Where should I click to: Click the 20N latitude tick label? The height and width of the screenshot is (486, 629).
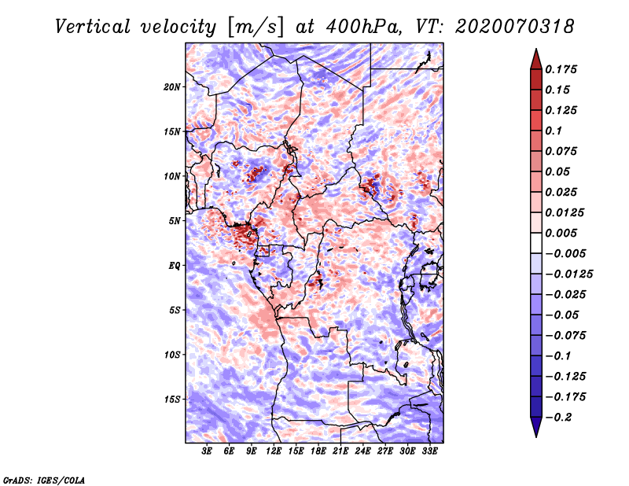click(x=171, y=87)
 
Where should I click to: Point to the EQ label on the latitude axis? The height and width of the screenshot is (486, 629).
click(x=175, y=266)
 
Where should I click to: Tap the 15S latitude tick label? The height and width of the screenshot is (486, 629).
click(x=172, y=399)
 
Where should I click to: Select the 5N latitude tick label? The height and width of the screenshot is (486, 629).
click(x=175, y=221)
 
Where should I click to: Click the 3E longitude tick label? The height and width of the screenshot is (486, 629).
click(x=207, y=451)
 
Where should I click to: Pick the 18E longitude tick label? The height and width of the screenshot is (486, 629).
click(x=318, y=451)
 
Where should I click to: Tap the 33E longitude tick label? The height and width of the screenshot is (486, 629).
click(x=429, y=451)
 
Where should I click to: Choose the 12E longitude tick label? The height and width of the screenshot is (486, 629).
click(x=274, y=451)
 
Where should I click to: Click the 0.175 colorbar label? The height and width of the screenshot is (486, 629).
click(x=561, y=69)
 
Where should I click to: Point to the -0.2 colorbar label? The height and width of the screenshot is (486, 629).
click(x=558, y=418)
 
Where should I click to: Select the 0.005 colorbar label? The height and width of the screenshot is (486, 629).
click(x=561, y=233)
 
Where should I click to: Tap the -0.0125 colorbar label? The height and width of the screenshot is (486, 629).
click(x=568, y=274)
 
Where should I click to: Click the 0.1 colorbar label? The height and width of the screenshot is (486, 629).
click(x=554, y=131)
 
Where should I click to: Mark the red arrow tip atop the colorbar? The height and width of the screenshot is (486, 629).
click(x=536, y=49)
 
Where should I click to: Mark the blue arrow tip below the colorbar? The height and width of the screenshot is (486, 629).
click(x=536, y=436)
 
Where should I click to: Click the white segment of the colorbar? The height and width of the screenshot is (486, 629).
click(x=536, y=243)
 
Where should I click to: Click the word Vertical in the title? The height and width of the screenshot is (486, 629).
click(x=93, y=27)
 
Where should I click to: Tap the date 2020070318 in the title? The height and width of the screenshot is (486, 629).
click(x=515, y=27)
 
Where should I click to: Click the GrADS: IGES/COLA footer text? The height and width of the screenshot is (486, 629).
click(x=44, y=480)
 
